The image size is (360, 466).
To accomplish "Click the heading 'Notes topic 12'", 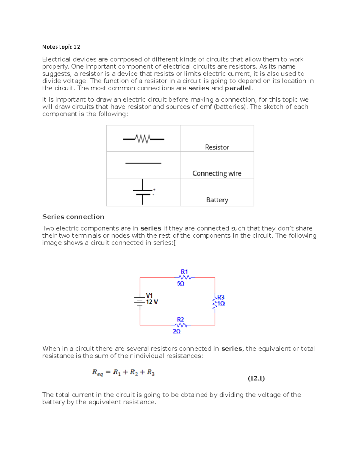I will click(61, 47).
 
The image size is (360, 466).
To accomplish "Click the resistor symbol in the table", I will click(143, 139).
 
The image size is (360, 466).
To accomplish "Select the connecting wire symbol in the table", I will click(143, 163).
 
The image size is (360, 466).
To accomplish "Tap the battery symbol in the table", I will click(143, 192).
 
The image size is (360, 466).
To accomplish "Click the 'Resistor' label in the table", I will click(217, 147).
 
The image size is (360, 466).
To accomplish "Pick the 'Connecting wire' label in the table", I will click(217, 173).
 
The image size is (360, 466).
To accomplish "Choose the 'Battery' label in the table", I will click(217, 200).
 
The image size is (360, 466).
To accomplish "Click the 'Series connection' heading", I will click(73, 217).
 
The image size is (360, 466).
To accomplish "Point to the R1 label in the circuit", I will click(184, 272).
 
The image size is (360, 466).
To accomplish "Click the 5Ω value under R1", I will click(181, 284).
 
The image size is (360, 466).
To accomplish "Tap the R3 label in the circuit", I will click(221, 297).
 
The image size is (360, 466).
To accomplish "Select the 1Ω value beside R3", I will click(221, 303).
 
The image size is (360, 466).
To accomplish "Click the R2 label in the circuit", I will click(180, 320).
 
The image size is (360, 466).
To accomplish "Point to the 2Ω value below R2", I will click(177, 331).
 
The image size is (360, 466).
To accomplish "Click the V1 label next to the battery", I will click(149, 296).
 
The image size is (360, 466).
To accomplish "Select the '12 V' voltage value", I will click(152, 302).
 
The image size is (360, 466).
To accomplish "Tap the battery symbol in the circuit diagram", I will click(140, 301).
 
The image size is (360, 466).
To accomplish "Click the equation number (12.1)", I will click(256, 378).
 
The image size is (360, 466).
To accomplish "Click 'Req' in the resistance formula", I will click(97, 373).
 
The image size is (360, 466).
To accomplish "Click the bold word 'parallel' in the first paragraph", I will click(238, 88).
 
